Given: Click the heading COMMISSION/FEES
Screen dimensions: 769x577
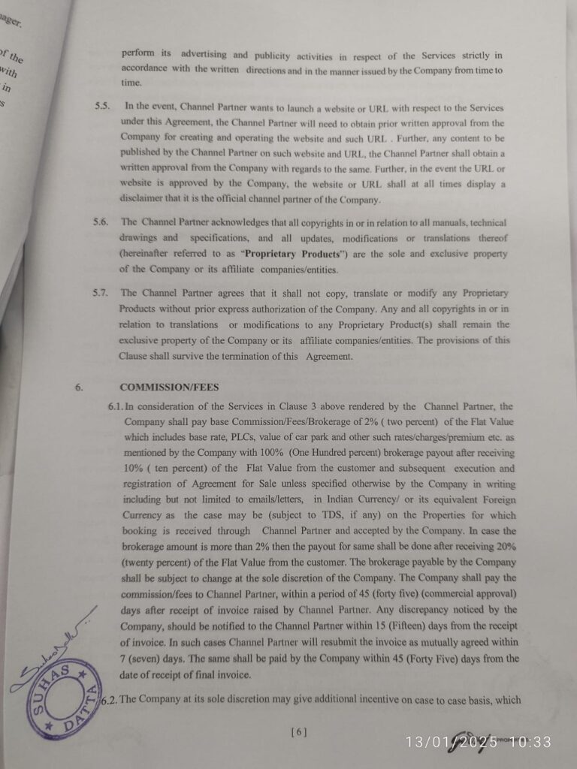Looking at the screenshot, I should coord(169,388).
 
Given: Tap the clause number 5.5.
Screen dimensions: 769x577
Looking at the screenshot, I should coord(103,107).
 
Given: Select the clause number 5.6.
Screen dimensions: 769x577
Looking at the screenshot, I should coord(103,223).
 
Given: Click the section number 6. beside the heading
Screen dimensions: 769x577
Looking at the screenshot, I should coord(78,388).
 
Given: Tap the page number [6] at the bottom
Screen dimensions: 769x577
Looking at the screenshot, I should coord(298,731).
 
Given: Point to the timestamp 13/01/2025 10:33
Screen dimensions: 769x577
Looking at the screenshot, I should coord(479,742).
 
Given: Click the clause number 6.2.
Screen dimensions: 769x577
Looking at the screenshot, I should coord(110,700).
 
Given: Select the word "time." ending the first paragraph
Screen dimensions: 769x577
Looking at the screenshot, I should coord(131,83).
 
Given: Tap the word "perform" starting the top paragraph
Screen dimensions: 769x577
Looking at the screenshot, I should coord(137,55).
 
